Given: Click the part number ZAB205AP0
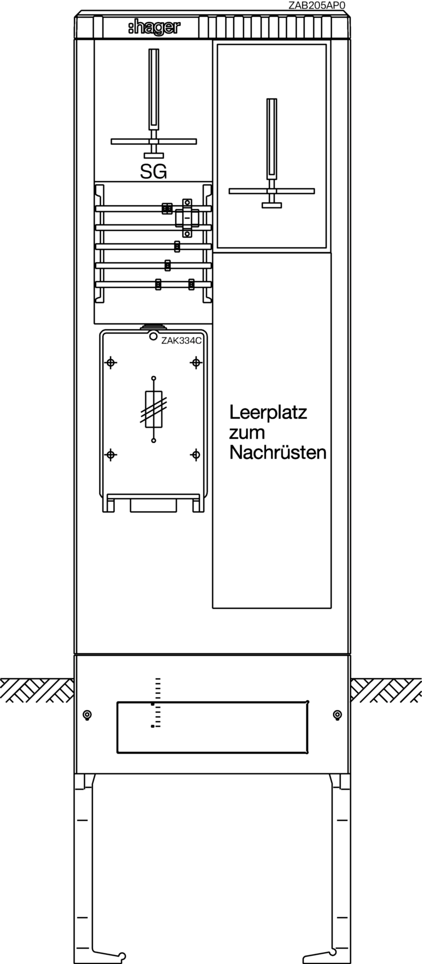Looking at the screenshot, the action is point(317,5).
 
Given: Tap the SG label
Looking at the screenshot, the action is point(153,172).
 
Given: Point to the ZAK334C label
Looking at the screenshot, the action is point(182,341).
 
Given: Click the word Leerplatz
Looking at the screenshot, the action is point(268,413).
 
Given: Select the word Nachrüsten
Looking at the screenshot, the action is point(277,453).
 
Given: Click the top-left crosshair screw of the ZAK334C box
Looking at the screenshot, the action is point(111,362).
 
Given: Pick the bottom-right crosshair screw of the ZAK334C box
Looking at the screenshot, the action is point(195,455).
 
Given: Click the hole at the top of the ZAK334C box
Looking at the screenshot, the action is point(153,336).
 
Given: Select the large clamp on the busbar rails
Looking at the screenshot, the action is point(186,218).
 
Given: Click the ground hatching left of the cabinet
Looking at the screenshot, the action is point(37,690).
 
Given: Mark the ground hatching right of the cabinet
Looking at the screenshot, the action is point(386,690).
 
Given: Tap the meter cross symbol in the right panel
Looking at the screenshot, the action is point(272,153).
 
